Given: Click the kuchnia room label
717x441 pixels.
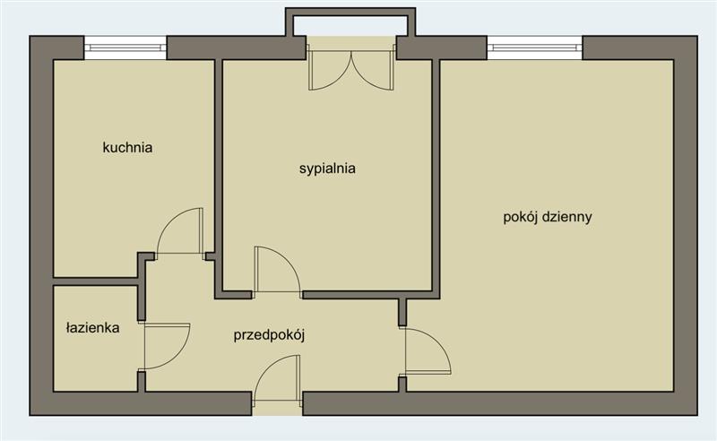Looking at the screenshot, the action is pos(127,148).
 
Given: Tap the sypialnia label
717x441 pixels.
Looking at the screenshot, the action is pos(327,169).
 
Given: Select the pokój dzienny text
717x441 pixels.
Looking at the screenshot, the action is pos(548,216).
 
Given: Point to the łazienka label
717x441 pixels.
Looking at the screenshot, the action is pos(93,327).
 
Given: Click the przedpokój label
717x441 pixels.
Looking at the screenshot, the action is pos(269,335).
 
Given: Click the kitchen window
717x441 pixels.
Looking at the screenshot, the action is pos(125,48).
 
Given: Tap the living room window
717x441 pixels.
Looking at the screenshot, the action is pos(534,48).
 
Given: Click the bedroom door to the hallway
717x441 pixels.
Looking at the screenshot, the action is pos(278,270).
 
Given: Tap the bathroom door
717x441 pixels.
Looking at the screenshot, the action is pos(167,346).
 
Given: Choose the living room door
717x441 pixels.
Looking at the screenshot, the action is pos(428,351).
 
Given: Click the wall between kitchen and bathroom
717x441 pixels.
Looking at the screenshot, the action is pos(96,281).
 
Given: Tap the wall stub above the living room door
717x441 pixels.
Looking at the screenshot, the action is pos(402,313).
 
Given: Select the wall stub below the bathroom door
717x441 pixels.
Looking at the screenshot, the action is pos(142,382).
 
